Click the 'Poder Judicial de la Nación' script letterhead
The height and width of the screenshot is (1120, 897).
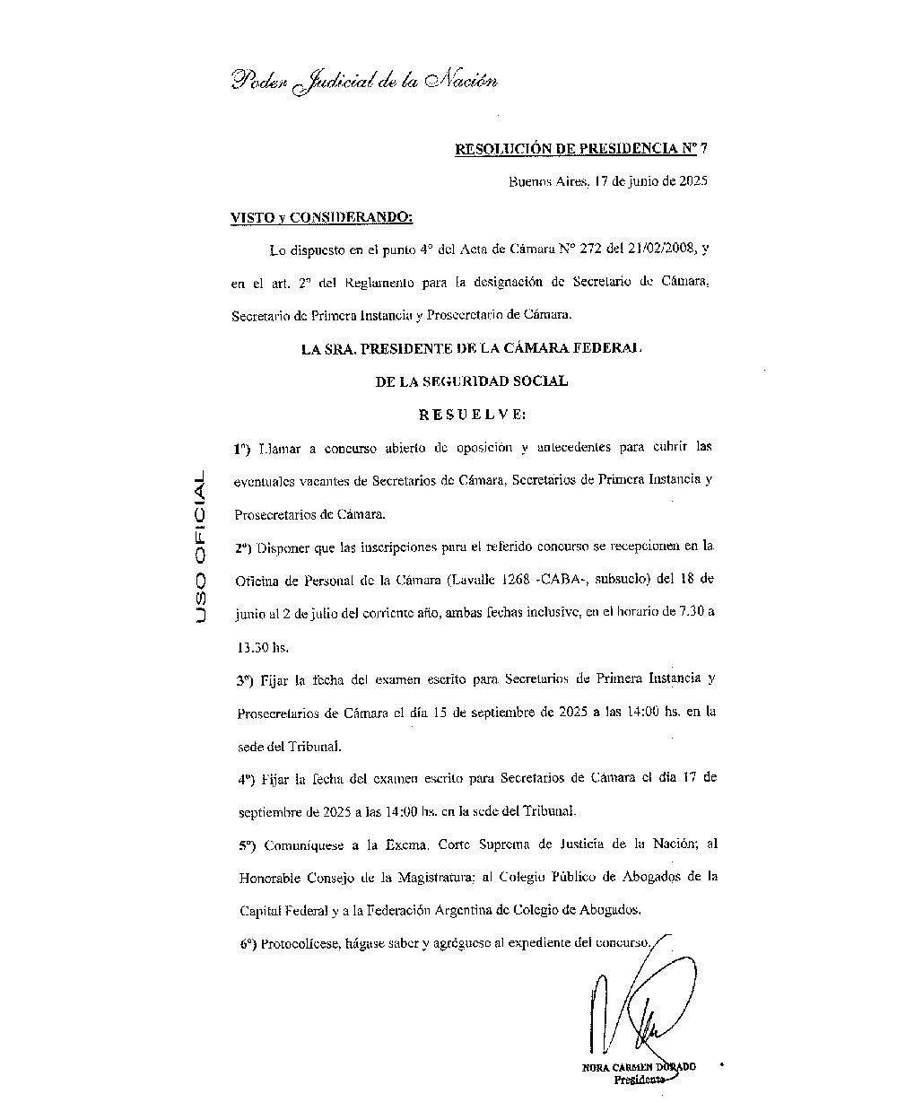coord(364,81)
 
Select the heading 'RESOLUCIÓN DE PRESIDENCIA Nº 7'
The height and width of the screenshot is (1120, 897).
coord(582,149)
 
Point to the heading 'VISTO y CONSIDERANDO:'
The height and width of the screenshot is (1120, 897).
coord(321,216)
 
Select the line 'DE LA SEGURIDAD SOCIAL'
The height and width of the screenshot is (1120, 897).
coord(471,381)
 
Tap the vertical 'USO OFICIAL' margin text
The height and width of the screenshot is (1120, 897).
coord(199,547)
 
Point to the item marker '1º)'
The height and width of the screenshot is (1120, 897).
coord(240,447)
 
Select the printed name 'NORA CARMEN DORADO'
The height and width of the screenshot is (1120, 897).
coord(638,1067)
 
